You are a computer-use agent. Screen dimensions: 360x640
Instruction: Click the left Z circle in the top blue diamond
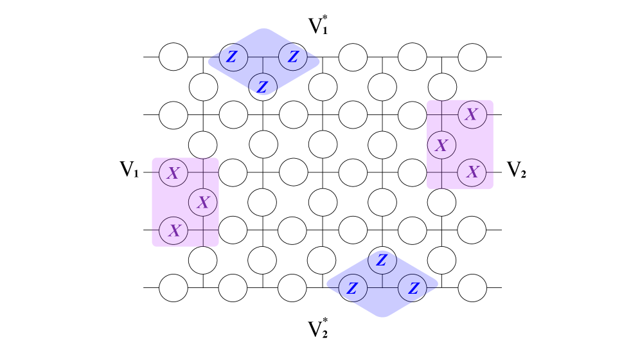point(233,57)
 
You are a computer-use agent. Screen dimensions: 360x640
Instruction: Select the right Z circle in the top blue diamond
point(293,57)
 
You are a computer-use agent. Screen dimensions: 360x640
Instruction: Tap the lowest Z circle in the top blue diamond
point(263,87)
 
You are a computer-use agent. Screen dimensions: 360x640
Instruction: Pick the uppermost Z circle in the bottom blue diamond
point(382,260)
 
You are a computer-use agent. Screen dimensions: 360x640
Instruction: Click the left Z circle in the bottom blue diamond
point(353,288)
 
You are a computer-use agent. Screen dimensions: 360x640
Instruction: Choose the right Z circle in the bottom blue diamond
point(413,288)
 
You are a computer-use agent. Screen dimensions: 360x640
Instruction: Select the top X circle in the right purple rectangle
point(472,114)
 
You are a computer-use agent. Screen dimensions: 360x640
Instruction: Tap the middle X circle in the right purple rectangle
point(441,145)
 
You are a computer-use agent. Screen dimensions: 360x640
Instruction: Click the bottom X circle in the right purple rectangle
point(472,172)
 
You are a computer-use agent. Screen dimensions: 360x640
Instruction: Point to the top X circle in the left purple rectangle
point(173,173)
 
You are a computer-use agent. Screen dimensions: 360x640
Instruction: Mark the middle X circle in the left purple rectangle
point(203,203)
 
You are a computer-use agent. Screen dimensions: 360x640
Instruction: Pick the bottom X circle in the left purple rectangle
point(173,231)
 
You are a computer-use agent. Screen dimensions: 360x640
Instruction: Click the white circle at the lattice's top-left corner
point(173,57)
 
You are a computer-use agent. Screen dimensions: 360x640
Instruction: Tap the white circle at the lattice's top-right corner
point(472,57)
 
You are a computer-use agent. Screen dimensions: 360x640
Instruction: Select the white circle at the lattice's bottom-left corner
point(173,288)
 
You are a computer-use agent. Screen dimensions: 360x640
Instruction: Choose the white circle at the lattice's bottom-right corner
point(472,288)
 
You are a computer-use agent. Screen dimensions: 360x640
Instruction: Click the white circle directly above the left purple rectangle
point(203,145)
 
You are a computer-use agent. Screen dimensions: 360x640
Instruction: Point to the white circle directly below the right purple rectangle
point(441,203)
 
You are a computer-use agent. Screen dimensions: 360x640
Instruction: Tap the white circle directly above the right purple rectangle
point(442,87)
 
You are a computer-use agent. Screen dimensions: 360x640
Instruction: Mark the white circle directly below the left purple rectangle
point(203,260)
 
